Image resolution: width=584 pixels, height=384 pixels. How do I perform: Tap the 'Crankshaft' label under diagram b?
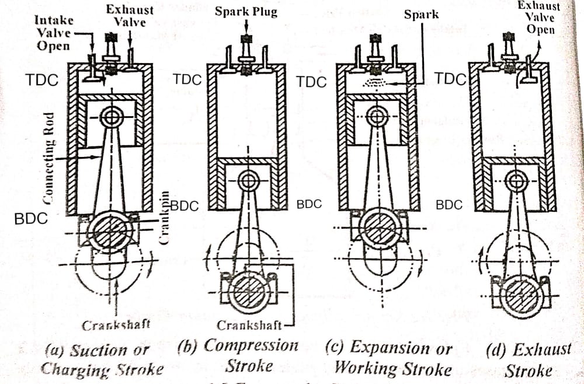(x=249, y=325)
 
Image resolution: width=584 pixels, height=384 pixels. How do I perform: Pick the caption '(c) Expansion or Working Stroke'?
(x=392, y=358)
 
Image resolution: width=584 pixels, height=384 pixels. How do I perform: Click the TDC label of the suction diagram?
(x=42, y=80)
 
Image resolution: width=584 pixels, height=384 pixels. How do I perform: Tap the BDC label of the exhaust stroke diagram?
(x=449, y=205)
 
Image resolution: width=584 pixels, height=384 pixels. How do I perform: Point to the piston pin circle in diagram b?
(x=248, y=181)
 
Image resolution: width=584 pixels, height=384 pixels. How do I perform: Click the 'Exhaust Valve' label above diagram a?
(x=129, y=16)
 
